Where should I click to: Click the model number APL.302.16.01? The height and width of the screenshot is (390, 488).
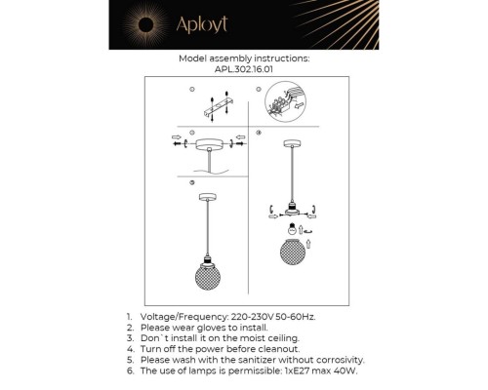click(x=244, y=69)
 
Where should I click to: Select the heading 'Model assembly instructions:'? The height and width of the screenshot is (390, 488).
click(x=244, y=58)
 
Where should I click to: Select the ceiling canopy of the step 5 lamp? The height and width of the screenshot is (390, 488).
click(x=207, y=195)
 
